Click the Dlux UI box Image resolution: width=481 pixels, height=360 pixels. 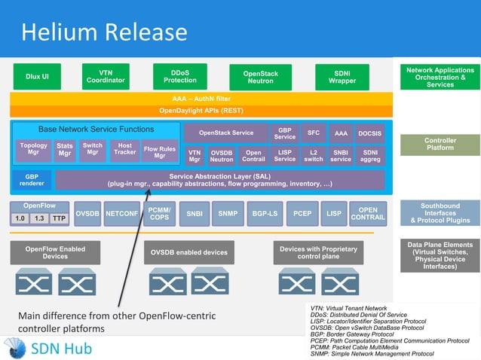(37, 76)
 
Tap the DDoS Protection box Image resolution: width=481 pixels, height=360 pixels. (180, 76)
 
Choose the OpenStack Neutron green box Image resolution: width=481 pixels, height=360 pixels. (261, 78)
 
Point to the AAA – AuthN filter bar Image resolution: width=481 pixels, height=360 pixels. (201, 98)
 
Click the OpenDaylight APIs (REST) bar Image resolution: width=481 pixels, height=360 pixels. (201, 110)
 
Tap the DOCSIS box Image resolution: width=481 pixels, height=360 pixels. (370, 133)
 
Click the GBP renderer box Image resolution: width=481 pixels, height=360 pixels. (31, 180)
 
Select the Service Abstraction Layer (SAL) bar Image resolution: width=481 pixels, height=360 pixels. (219, 179)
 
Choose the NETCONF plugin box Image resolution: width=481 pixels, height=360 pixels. (121, 214)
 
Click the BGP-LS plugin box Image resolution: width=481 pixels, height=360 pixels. (264, 214)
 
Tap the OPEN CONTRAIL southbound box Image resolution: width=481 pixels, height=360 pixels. (368, 214)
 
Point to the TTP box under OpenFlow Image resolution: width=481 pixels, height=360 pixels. (58, 218)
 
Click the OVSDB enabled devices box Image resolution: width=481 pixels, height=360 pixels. (188, 252)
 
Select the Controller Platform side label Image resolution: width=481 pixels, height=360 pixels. (440, 145)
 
